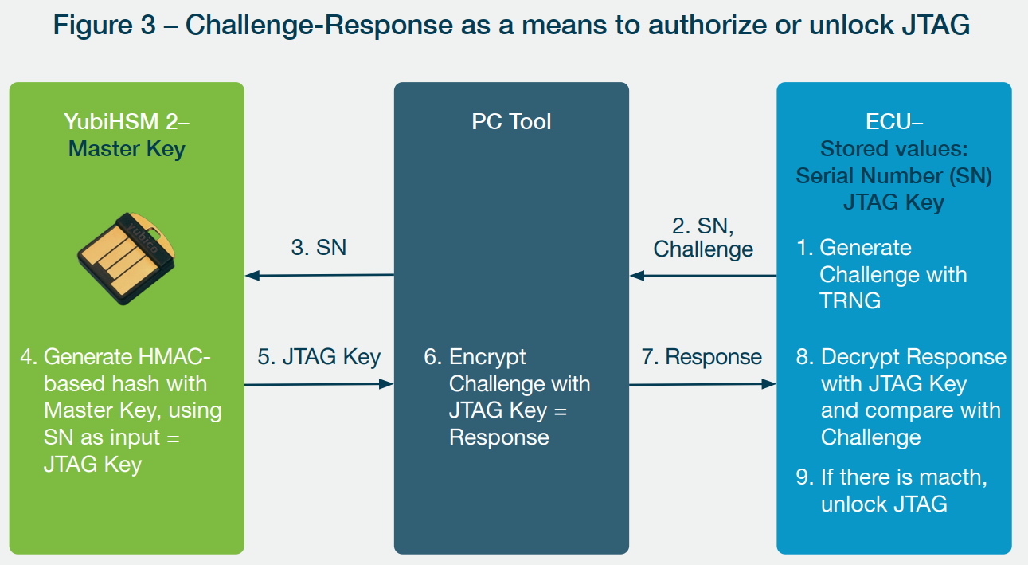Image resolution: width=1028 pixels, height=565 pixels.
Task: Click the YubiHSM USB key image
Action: tap(126, 259)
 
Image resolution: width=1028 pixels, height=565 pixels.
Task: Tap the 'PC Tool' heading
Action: tap(511, 122)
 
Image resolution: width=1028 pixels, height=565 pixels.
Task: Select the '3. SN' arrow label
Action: tap(319, 248)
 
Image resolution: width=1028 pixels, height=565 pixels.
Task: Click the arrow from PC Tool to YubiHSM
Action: tap(319, 276)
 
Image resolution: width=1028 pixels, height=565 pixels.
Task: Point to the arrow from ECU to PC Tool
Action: tap(703, 276)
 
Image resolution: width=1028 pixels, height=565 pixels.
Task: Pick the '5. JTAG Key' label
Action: tap(319, 357)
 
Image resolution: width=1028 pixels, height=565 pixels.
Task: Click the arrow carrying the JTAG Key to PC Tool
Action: tap(319, 384)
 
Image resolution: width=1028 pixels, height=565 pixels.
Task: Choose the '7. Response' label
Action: tap(702, 357)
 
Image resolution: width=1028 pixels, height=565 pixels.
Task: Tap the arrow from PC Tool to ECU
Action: tap(702, 384)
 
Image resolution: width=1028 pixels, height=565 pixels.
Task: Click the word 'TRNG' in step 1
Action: tap(850, 301)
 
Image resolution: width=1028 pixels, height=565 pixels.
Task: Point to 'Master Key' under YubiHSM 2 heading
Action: tap(127, 149)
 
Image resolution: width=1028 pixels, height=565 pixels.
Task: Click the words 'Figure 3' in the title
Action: tap(104, 25)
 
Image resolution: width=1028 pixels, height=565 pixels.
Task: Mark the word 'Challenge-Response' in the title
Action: tap(319, 26)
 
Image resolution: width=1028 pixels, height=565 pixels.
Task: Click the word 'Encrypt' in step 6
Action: tap(487, 357)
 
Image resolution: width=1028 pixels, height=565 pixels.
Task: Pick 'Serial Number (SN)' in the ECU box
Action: tap(894, 176)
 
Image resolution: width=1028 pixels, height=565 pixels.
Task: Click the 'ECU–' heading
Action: tap(894, 122)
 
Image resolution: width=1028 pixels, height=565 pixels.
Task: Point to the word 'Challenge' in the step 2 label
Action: tap(703, 250)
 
